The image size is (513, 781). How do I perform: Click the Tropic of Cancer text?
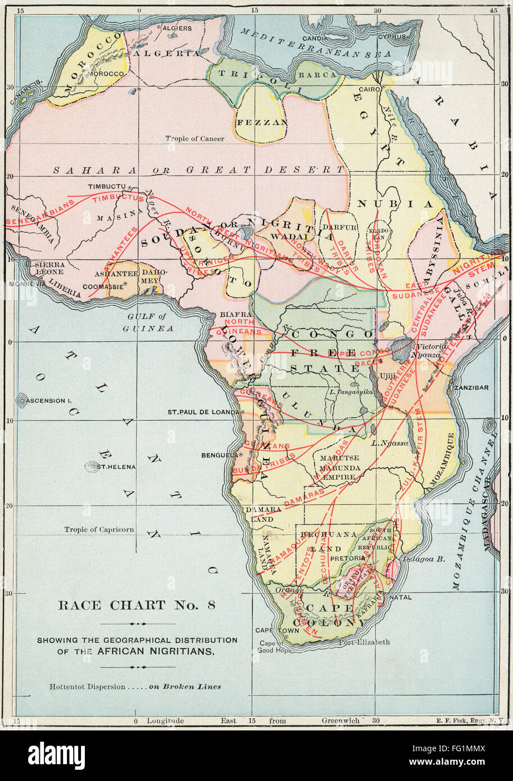coord(194,138)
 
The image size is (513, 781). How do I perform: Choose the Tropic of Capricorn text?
coord(99,529)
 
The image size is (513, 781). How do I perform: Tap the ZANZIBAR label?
coord(472,388)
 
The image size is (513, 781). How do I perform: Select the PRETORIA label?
coord(348,558)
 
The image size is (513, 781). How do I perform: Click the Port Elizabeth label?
coord(365,642)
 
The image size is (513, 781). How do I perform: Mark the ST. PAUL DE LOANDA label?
coord(203,412)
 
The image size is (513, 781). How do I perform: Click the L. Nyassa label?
coord(389,443)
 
